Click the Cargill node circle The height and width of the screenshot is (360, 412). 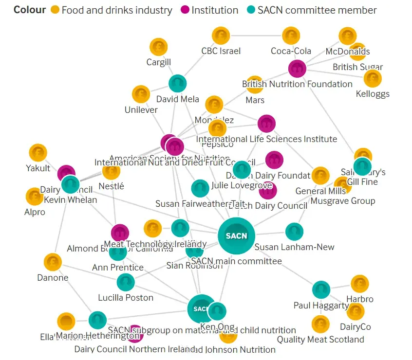[x=158, y=47]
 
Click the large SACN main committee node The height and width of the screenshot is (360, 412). [x=236, y=236]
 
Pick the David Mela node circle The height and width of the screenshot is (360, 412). [x=178, y=84]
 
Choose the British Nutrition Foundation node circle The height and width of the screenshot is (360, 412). [x=297, y=69]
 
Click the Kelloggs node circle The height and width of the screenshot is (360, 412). [x=373, y=78]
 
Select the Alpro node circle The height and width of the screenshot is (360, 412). [x=35, y=197]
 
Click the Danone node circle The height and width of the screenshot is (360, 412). [x=53, y=262]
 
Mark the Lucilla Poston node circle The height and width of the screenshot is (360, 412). [x=126, y=283]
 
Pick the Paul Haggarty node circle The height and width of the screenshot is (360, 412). [x=321, y=290]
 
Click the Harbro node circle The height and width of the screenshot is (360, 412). [x=359, y=284]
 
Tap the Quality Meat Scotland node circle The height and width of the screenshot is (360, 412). [x=320, y=324]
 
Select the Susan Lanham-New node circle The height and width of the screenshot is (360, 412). [x=294, y=232]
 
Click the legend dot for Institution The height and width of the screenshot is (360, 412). [x=185, y=10]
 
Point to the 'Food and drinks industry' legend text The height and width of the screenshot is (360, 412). [x=117, y=10]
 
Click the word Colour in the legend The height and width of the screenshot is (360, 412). [x=30, y=10]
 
